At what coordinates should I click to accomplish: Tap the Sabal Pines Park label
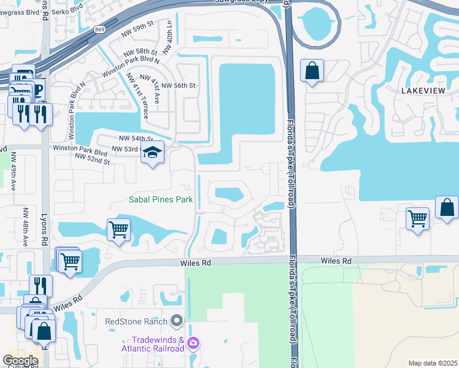coord(161,199)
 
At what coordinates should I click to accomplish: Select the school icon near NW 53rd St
coord(152,153)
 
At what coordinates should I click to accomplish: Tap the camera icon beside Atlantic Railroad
coord(194,343)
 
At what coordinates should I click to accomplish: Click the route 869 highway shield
coord(99,29)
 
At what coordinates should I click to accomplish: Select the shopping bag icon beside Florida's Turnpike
coord(312,71)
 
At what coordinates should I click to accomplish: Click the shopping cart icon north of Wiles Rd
coord(118,231)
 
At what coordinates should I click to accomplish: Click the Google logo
coord(20,361)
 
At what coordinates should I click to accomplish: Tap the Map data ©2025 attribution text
coord(433,363)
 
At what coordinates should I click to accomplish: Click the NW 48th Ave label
coord(25,228)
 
